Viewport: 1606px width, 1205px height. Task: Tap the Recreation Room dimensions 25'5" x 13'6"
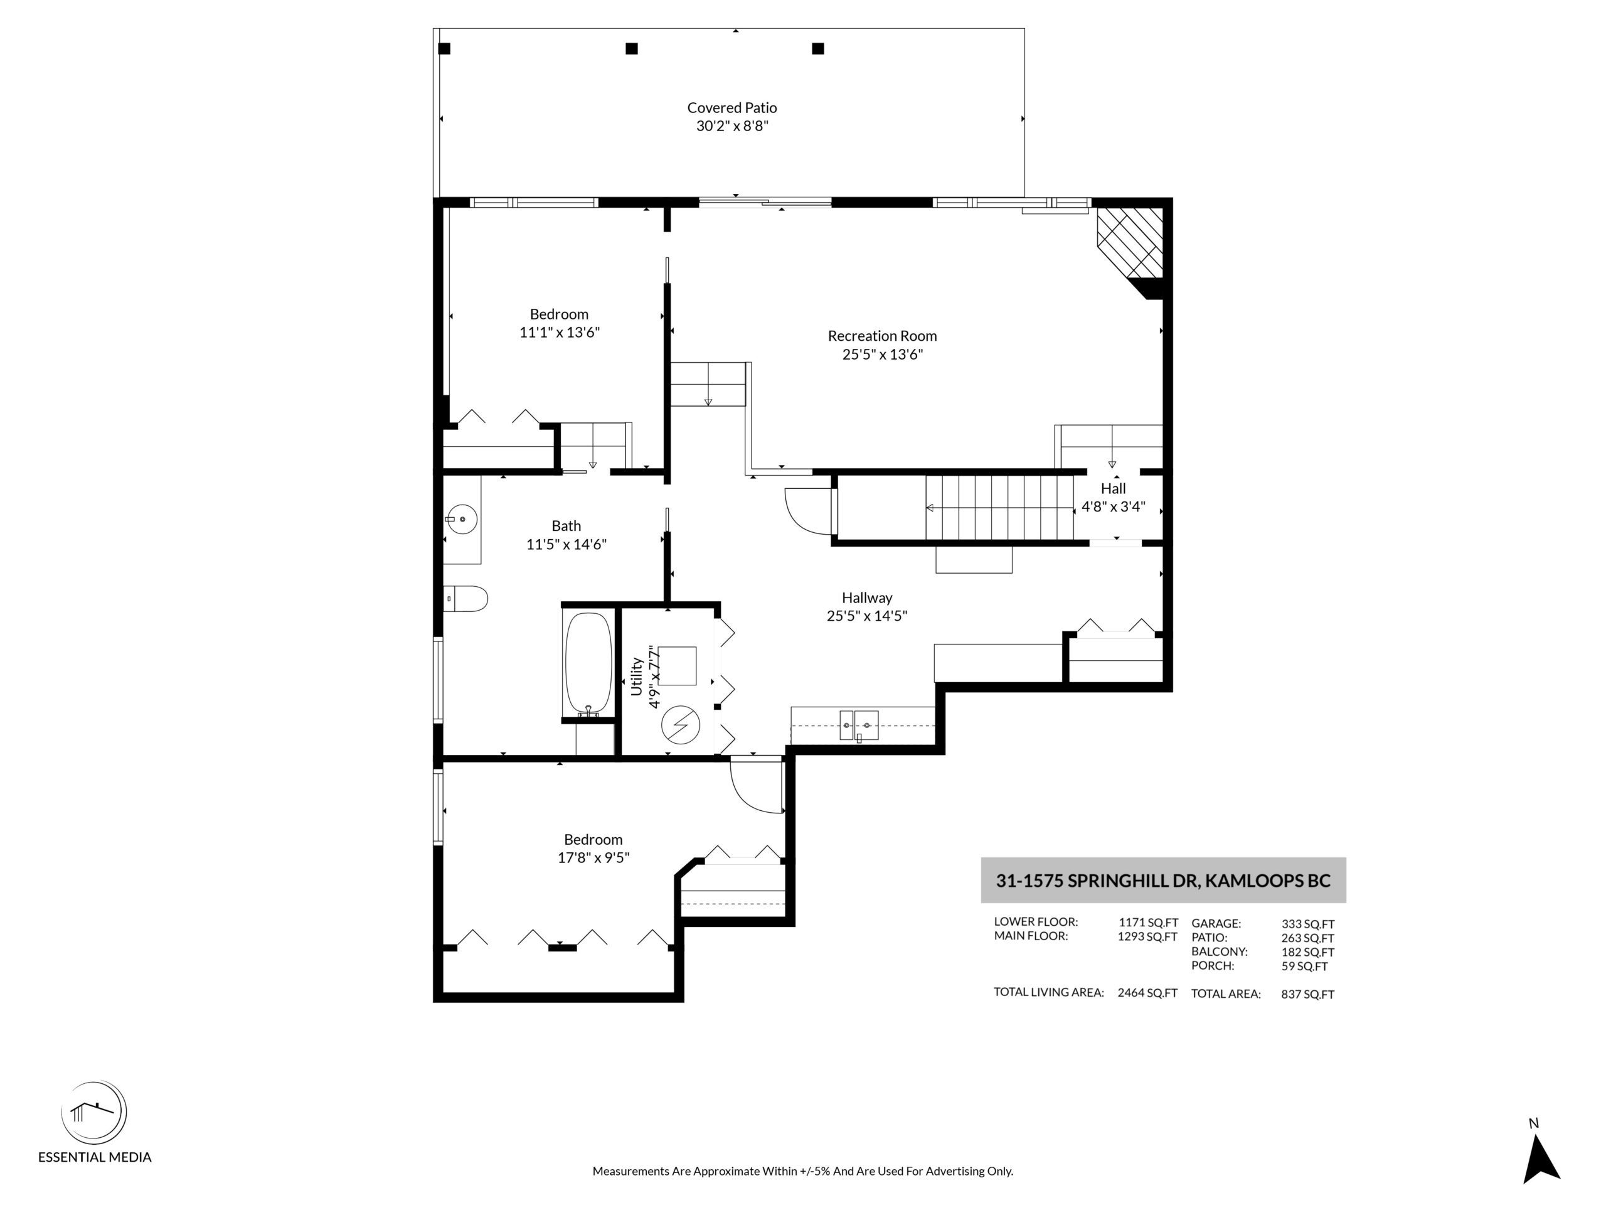pos(882,355)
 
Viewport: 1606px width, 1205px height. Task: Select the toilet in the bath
pos(465,599)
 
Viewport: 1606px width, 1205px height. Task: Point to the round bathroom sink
pos(462,519)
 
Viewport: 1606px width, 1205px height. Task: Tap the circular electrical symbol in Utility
pos(680,725)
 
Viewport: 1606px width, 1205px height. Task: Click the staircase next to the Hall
pos(999,508)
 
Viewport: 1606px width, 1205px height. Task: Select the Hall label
pos(1113,488)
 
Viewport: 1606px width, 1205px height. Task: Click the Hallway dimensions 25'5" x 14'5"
pos(867,616)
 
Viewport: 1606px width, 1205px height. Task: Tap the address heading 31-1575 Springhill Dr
pos(1163,881)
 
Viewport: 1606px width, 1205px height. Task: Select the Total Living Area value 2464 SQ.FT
pos(1147,993)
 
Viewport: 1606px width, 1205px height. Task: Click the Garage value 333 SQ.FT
pos(1307,924)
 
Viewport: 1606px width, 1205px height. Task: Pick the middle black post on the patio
pos(632,49)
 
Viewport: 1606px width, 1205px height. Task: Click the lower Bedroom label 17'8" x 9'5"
pos(593,849)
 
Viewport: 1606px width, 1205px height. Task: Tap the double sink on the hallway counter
pos(859,726)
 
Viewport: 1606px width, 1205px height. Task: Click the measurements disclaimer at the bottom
pos(802,1171)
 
